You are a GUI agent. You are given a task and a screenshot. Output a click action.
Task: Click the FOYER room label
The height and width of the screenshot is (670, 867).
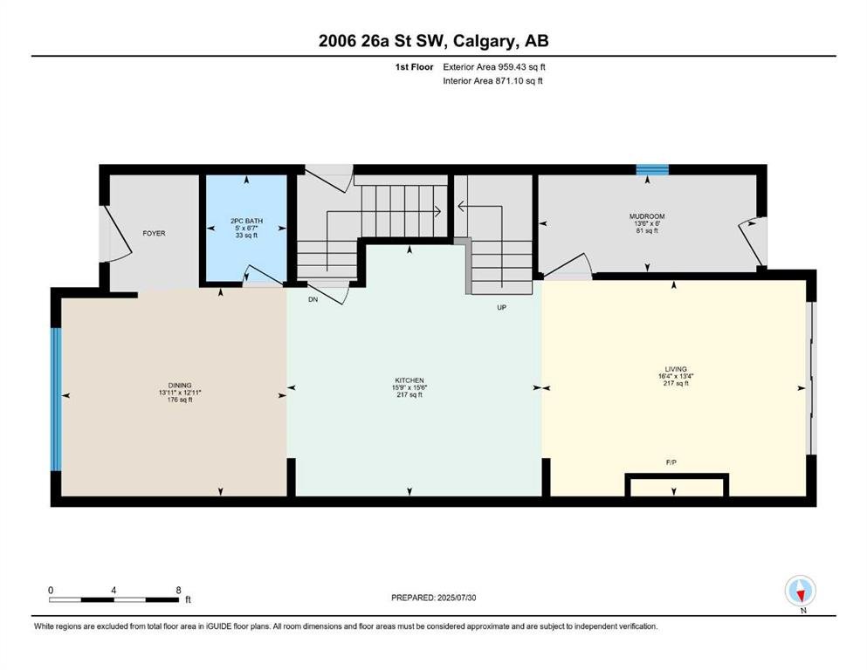[154, 234]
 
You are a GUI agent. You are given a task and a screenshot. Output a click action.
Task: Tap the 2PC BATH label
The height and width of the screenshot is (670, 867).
[246, 221]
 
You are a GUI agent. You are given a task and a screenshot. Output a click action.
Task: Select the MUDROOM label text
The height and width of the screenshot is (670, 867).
[647, 216]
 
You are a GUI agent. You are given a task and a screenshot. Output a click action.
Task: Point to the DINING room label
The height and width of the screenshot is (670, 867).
[180, 386]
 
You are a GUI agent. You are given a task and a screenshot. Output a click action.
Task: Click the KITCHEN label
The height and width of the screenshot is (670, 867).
[409, 380]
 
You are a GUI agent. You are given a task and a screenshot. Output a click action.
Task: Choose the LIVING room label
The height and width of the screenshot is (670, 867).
[676, 369]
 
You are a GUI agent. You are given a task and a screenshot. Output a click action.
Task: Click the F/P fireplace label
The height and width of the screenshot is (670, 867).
[671, 462]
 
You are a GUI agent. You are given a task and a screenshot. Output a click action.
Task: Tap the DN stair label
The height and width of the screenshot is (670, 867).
[313, 299]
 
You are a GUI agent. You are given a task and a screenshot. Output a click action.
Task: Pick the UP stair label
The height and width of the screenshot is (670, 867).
[501, 308]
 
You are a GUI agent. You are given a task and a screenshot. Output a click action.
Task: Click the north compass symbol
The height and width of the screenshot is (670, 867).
[801, 591]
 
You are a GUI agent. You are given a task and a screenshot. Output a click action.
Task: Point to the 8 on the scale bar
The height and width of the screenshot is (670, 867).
[179, 590]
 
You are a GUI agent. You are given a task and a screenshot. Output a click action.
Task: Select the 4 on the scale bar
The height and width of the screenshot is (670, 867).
[114, 590]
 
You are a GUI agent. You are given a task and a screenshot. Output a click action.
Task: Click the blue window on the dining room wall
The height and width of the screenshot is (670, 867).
[55, 400]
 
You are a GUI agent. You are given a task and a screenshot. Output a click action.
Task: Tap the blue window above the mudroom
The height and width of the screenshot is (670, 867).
[652, 169]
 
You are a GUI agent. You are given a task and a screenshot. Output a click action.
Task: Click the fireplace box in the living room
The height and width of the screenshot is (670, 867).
[677, 485]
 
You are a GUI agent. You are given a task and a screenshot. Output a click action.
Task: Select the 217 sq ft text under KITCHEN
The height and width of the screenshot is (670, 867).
[409, 395]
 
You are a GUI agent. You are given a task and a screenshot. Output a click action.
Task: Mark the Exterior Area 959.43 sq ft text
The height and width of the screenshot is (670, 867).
[494, 67]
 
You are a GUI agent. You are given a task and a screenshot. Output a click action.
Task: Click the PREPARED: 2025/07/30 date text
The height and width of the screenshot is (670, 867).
[433, 598]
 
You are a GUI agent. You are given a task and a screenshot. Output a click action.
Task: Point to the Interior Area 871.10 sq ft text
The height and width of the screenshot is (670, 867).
[492, 80]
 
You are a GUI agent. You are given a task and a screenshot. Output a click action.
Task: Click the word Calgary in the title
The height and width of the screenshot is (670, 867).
[483, 41]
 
